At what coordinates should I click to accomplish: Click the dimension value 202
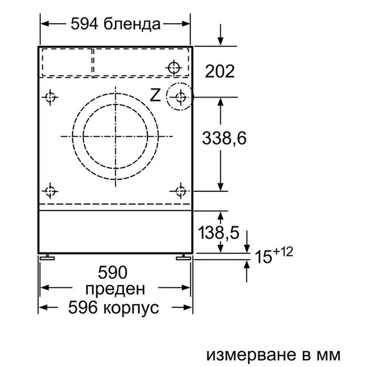pyautogui.click(x=220, y=71)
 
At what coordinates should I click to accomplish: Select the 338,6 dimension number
pyautogui.click(x=224, y=138)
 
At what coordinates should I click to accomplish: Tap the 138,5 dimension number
pyautogui.click(x=219, y=232)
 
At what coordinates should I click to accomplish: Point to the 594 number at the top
pyautogui.click(x=84, y=24)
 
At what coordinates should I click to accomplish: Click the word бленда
pyautogui.click(x=132, y=24)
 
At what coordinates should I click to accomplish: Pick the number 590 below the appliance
pyautogui.click(x=113, y=272)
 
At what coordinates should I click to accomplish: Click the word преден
pyautogui.click(x=115, y=289)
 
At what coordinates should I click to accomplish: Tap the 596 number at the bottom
pyautogui.click(x=83, y=307)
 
